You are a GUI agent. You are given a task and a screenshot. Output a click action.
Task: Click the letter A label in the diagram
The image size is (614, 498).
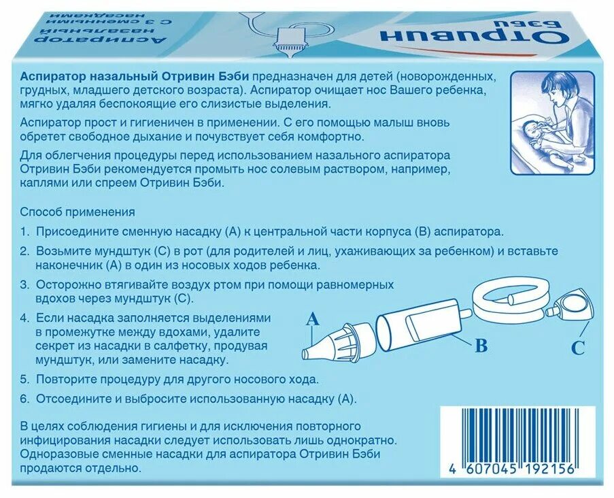[x=313, y=318]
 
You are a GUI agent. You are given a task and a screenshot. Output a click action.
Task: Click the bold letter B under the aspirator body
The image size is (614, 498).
[x=481, y=346]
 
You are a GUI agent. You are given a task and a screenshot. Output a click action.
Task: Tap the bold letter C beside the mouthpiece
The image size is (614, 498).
[x=577, y=348]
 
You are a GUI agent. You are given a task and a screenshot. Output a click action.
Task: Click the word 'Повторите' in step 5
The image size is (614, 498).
[x=65, y=379]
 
